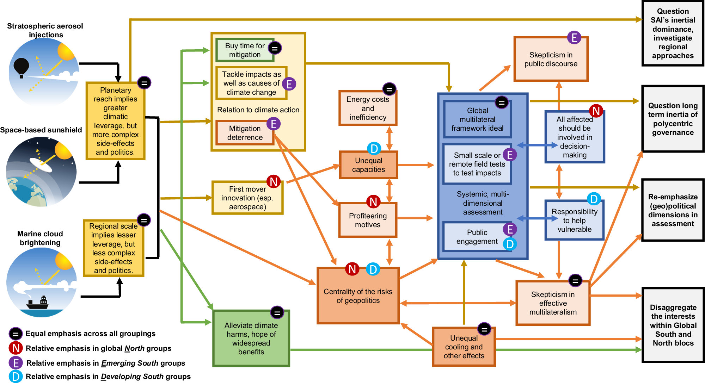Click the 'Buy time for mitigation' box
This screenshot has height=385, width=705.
coord(245,50)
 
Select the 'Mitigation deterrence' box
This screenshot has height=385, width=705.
coord(245,133)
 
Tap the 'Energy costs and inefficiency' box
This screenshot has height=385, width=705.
coord(368,108)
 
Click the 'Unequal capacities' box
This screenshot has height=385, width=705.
coord(368,165)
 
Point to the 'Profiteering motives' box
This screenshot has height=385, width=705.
coord(368,220)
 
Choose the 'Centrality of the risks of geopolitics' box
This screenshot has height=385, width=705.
coord(358,296)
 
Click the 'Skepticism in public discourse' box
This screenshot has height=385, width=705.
coord(551,59)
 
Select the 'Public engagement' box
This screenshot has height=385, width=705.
coord(477,237)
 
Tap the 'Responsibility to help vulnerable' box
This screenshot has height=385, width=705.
coord(574,221)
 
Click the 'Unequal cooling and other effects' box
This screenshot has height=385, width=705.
coord(464,347)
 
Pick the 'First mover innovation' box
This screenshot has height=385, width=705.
coord(247,198)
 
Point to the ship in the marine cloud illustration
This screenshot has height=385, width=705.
coord(37,303)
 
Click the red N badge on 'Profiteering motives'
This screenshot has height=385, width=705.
coord(373,202)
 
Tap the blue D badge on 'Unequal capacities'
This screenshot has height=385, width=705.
coord(374,149)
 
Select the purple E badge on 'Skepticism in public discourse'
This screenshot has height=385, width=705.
coord(574,37)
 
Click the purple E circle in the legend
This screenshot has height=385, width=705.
coord(16,363)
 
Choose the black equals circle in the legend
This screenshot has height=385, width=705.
coord(16,334)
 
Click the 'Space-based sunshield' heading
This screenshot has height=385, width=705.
coord(41,130)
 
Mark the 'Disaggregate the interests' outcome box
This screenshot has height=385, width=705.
coord(673,325)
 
